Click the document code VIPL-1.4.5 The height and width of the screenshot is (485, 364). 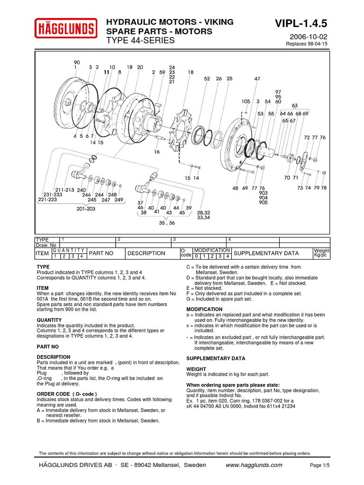click(301, 24)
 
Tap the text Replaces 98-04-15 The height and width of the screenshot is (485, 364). click(307, 44)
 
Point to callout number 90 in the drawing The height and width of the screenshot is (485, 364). click(77, 62)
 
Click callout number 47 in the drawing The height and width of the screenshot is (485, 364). click(257, 79)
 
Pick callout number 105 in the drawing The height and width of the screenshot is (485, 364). click(246, 101)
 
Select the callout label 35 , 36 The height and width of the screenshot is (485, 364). click(167, 223)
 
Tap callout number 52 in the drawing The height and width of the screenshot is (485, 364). click(207, 79)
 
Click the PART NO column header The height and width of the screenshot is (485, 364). click(101, 253)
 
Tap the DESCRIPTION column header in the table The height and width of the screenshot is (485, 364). click(146, 253)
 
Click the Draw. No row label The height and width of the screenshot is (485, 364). click(46, 245)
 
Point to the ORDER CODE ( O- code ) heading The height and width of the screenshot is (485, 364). click(67, 394)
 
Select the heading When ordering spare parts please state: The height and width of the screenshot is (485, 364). click(233, 385)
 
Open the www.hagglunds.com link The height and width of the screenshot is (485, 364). click(254, 465)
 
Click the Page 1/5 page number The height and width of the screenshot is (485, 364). click(319, 466)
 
